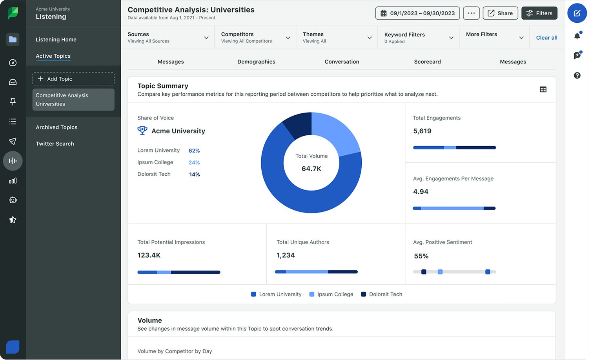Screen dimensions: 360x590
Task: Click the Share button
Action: (500, 13)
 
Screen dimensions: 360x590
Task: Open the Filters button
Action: (539, 13)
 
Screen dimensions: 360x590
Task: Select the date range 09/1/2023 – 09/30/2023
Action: (417, 13)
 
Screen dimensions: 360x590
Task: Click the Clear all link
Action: (546, 38)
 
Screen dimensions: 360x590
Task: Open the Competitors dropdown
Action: (255, 38)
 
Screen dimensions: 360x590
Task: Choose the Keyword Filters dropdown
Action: (418, 38)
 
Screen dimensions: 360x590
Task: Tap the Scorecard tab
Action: (427, 62)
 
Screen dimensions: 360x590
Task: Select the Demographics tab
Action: (256, 62)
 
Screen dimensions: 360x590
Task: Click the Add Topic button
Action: (73, 79)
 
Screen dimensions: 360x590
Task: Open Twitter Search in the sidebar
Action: (55, 144)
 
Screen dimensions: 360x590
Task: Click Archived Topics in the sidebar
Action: (56, 127)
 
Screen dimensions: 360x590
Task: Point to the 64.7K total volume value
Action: (311, 169)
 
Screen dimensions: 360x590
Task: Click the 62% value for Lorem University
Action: (194, 151)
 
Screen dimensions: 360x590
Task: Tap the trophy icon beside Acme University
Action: (142, 131)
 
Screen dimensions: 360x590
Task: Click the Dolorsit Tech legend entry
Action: (381, 294)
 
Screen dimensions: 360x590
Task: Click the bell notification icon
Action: (577, 36)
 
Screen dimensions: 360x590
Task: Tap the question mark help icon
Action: (577, 75)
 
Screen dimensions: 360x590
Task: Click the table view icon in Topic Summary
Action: (543, 89)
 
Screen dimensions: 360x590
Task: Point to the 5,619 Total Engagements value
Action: (422, 131)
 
